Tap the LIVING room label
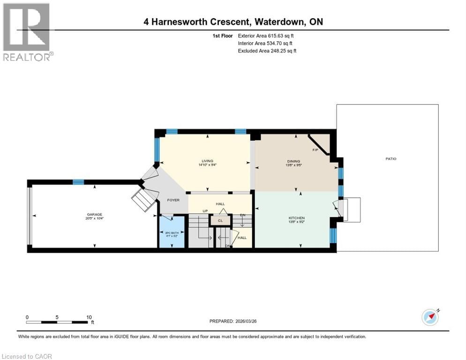click(207, 161)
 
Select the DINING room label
click(294, 161)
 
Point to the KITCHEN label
click(296, 218)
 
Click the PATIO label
click(391, 159)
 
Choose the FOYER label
click(173, 200)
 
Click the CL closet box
click(220, 220)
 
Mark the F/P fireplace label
click(316, 150)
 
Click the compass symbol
click(430, 317)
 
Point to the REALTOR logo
click(27, 32)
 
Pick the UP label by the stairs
click(205, 211)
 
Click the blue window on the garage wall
click(78, 182)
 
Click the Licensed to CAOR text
click(27, 356)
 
